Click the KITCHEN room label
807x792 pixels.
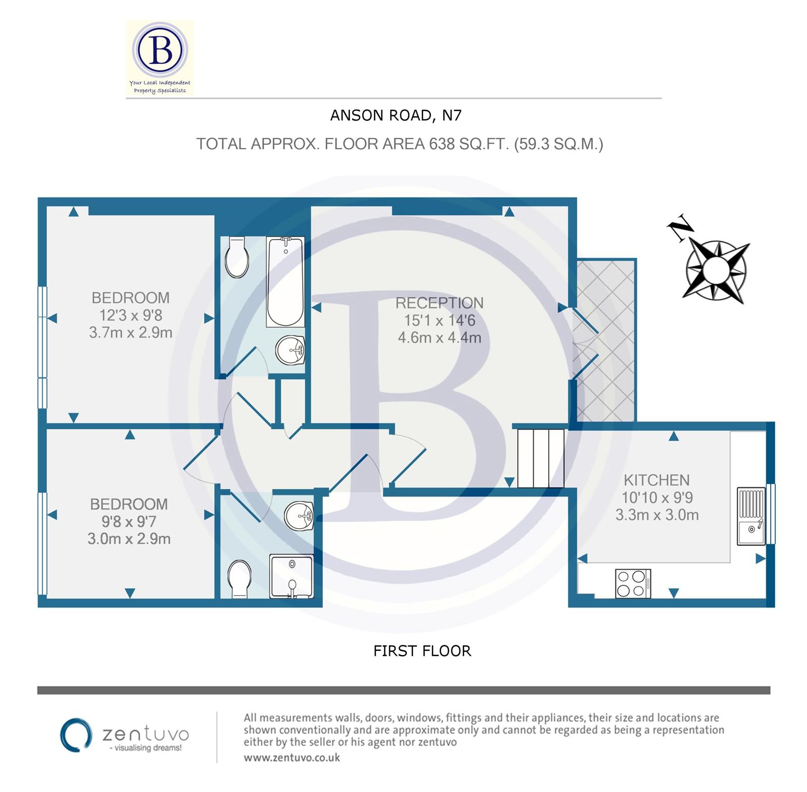(x=656, y=480)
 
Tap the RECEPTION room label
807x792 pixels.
(x=439, y=303)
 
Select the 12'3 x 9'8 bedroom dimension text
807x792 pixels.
(x=131, y=315)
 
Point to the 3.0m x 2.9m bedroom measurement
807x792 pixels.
(x=129, y=539)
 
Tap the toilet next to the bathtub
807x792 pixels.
(x=237, y=258)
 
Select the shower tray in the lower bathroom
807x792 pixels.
(x=292, y=576)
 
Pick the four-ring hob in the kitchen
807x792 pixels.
(x=633, y=583)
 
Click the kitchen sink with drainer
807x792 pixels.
(x=751, y=516)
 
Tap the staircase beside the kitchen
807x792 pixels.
(x=541, y=458)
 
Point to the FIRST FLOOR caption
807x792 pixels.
(x=422, y=651)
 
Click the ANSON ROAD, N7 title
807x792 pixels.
(x=395, y=116)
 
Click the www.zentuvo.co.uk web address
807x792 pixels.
(x=292, y=758)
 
